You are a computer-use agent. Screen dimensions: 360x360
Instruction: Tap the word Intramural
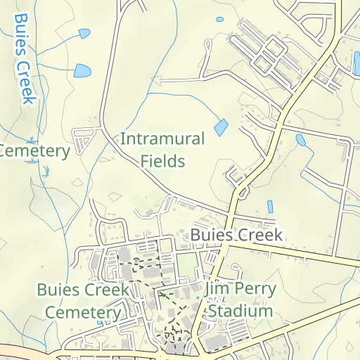[162, 139]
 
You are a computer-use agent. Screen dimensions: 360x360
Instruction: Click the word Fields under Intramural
[162, 161]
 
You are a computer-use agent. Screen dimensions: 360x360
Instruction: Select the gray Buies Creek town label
[236, 235]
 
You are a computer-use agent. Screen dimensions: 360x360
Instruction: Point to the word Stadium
[240, 311]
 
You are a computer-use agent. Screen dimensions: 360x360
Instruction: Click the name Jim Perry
[240, 289]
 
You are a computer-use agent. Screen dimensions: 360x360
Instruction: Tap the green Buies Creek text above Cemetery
[83, 290]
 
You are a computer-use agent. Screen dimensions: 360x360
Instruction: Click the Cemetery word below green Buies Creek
[83, 312]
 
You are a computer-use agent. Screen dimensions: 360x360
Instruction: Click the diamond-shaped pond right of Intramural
[221, 128]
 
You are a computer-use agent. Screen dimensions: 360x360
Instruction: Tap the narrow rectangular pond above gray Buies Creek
[270, 207]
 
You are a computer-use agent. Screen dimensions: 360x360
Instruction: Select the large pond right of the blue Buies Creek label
[83, 71]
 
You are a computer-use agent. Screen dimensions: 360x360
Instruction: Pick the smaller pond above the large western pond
[85, 33]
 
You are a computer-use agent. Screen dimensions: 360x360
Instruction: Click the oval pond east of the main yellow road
[301, 139]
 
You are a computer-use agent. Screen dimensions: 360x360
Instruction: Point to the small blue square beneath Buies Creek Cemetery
[99, 323]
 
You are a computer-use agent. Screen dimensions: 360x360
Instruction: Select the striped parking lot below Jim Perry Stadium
[239, 330]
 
